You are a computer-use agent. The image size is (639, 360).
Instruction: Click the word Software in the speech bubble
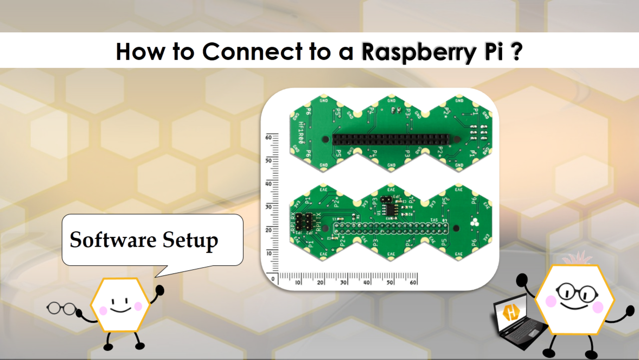pos(113,240)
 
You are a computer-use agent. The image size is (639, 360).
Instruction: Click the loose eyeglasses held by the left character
pos(61,308)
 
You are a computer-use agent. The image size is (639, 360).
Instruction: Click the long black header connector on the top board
pos(390,139)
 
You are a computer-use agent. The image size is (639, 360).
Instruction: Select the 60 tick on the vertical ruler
pos(269,137)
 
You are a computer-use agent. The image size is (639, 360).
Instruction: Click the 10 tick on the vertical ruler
pos(269,253)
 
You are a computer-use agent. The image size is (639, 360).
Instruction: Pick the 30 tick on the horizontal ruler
pos(344,282)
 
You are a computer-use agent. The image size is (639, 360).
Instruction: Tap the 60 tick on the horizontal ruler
pos(413,282)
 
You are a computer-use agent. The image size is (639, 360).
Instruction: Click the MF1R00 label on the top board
pos(301,133)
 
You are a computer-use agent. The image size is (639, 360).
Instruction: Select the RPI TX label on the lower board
pos(318,222)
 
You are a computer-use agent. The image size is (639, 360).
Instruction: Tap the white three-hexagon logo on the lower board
pos(474,222)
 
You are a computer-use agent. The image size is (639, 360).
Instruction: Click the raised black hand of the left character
pos(160,290)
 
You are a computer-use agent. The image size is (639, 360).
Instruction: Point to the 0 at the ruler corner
pos(273,279)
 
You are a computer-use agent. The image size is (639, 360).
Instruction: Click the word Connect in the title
pos(252,52)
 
